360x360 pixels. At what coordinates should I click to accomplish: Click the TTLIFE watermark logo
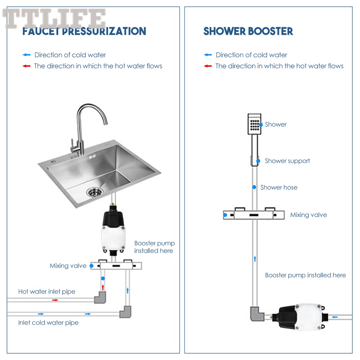tap(54, 18)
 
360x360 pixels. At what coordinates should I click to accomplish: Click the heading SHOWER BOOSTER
tap(248, 31)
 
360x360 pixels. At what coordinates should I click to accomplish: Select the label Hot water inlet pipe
tap(47, 291)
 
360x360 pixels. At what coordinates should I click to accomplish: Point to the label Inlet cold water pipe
tap(48, 322)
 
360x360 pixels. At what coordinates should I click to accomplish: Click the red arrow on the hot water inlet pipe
tap(55, 300)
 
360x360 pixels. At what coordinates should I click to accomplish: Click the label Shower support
tap(287, 161)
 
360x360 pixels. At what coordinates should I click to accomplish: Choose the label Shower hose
tap(279, 187)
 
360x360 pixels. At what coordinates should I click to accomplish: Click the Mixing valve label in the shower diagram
tap(308, 215)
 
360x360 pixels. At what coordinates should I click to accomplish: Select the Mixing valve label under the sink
tap(68, 266)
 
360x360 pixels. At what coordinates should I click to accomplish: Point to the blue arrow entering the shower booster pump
tap(335, 317)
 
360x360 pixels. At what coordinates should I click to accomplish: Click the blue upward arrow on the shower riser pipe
tap(255, 259)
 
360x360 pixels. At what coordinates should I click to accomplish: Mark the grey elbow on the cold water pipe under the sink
tap(125, 311)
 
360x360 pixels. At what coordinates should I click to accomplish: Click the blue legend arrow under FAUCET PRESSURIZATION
tap(26, 55)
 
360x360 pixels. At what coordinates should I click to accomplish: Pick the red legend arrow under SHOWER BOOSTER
tap(208, 66)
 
